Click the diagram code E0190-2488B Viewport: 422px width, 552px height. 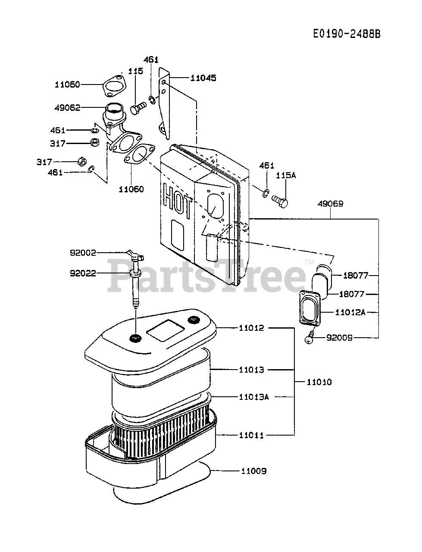click(x=347, y=34)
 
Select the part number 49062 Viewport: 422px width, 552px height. click(x=68, y=107)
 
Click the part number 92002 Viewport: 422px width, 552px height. click(x=83, y=253)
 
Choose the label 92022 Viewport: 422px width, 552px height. click(x=83, y=273)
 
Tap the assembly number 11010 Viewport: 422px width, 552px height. click(x=319, y=382)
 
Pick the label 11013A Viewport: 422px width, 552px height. click(x=254, y=397)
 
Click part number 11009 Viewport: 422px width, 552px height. click(x=254, y=471)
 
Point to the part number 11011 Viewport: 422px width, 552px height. click(x=252, y=436)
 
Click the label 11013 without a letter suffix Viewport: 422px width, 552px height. click(x=252, y=370)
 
